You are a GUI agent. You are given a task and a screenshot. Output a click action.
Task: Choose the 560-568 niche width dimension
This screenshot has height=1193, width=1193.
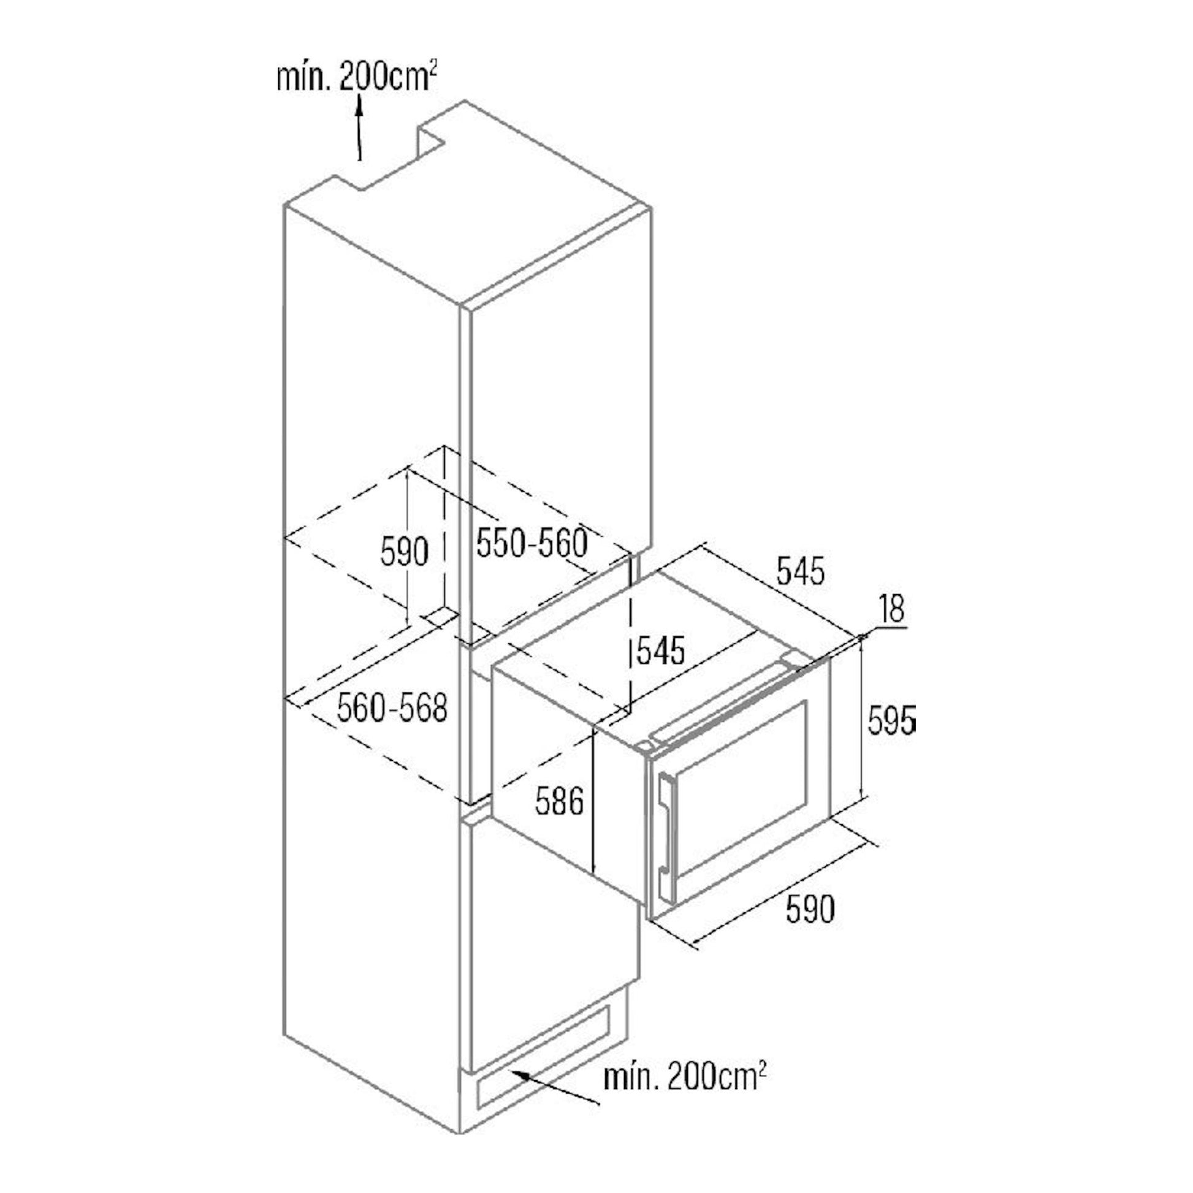(x=392, y=708)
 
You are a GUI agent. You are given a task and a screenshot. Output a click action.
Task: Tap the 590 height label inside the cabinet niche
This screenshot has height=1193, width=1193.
(x=404, y=552)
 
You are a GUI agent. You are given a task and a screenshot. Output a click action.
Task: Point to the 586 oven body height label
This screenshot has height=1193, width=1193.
(x=560, y=802)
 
